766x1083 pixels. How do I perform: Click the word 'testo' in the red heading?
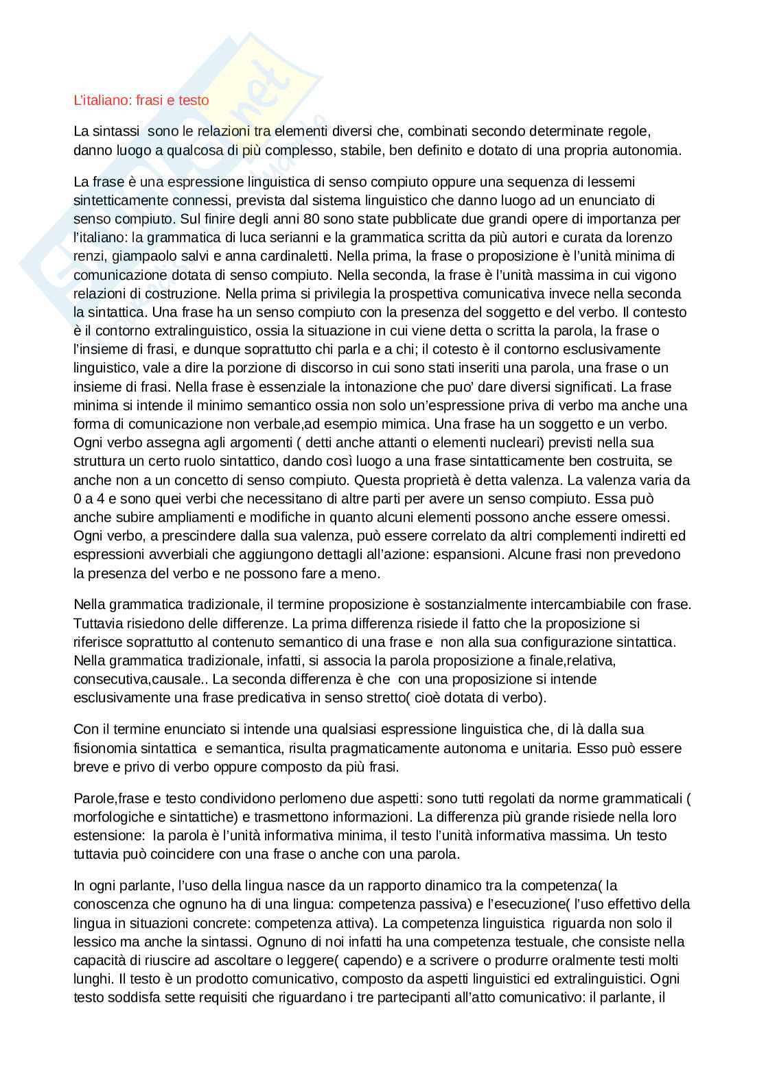(194, 100)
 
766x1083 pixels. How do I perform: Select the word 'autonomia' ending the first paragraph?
(648, 150)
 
